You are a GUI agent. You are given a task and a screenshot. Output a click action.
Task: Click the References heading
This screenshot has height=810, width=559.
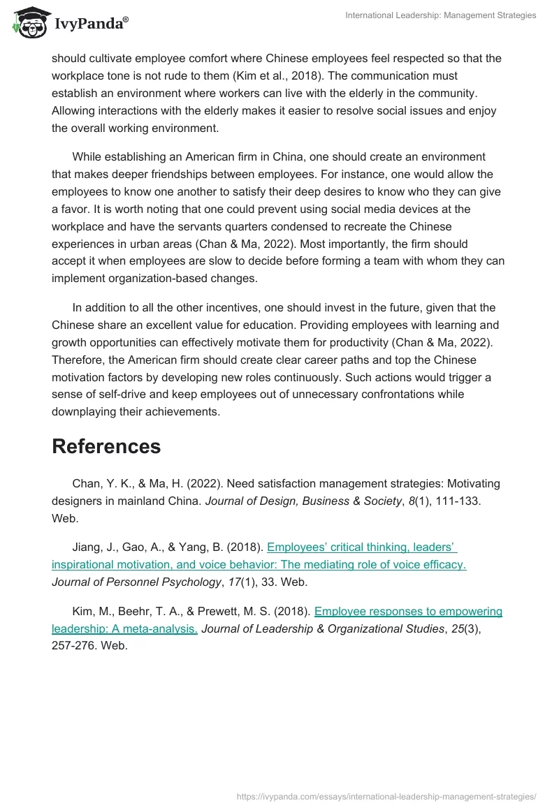tap(106, 446)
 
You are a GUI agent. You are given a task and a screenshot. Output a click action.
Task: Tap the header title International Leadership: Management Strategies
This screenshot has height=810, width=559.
tap(441, 15)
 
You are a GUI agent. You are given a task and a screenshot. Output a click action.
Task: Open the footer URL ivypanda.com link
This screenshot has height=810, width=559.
tap(386, 796)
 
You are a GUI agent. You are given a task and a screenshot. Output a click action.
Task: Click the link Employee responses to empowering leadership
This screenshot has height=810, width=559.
tap(408, 612)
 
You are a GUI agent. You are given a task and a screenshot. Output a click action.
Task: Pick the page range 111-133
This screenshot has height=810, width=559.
tap(455, 501)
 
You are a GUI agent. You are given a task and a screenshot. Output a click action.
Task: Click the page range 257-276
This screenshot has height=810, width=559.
tap(74, 645)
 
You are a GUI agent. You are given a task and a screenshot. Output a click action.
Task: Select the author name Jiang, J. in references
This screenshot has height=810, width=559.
tap(92, 547)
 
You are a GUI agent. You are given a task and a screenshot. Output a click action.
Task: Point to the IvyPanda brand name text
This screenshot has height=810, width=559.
tap(91, 24)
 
